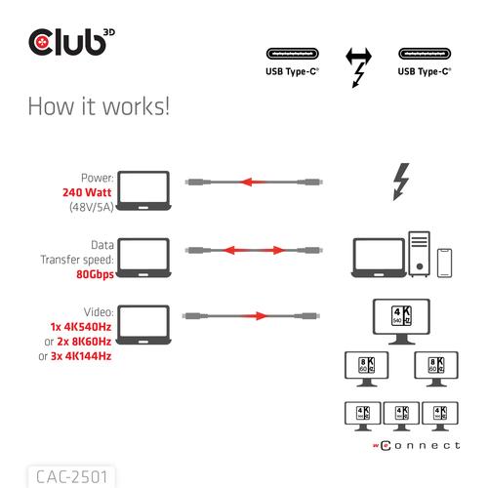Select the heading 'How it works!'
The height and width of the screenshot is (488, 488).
[x=99, y=104]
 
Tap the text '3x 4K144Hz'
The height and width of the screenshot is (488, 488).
[x=75, y=356]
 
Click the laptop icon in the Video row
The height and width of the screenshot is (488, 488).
[x=143, y=322]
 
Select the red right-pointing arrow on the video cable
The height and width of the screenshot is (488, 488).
[x=255, y=316]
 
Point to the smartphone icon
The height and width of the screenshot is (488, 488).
[x=446, y=262]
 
